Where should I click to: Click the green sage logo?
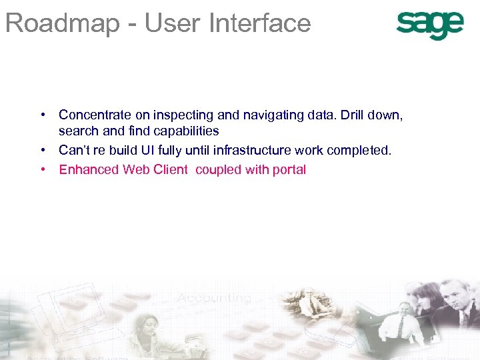click(x=429, y=25)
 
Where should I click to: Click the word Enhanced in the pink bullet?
click(x=88, y=169)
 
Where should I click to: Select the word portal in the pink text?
click(x=289, y=170)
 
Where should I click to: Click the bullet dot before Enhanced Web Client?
click(x=42, y=169)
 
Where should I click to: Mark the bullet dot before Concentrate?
click(x=42, y=115)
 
